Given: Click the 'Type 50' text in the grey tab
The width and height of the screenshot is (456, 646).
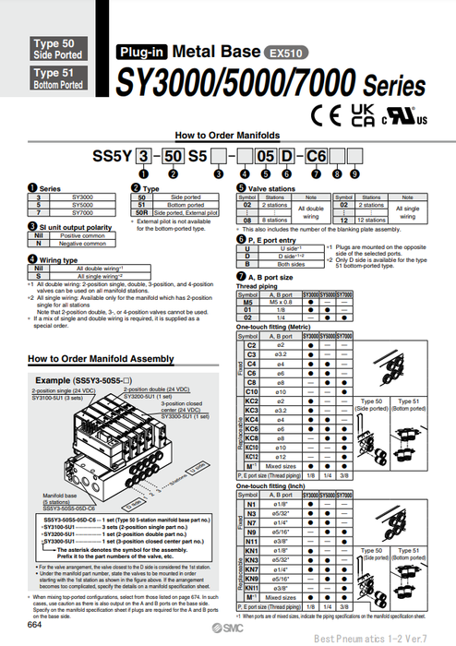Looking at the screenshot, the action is point(54,43).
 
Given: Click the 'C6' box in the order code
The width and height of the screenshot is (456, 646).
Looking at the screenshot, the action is point(317,157).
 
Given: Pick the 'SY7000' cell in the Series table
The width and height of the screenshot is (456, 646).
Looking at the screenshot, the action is point(81,212).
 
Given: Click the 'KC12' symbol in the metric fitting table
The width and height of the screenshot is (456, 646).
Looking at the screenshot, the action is point(250,455).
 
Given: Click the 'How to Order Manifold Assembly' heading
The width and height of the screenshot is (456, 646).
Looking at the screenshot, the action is point(101,359).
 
